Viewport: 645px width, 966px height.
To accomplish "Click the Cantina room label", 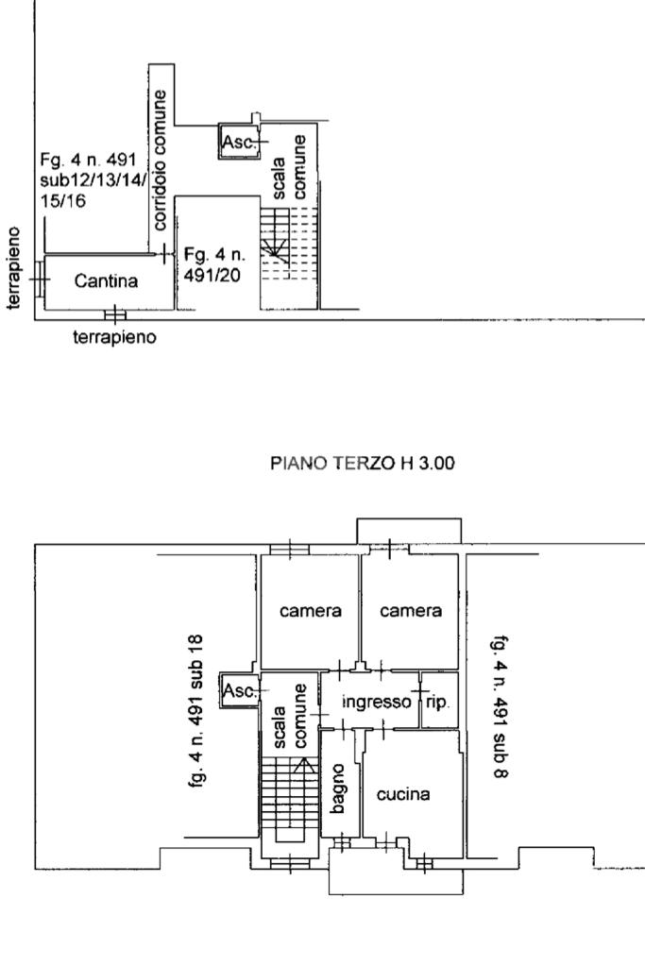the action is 106,281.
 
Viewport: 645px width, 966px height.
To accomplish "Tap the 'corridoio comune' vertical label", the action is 161,161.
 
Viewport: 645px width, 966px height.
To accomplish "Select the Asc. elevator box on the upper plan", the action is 239,142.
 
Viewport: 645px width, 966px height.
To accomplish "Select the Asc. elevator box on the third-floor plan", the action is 240,690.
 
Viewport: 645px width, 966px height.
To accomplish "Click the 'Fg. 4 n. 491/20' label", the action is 214,264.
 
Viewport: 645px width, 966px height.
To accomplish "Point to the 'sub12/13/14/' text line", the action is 93,180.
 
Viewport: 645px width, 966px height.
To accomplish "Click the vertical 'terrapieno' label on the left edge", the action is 13,267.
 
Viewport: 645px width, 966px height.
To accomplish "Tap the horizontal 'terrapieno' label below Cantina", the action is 114,338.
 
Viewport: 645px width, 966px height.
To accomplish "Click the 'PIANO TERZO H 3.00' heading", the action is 363,463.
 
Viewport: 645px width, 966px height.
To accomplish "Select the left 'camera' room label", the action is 311,611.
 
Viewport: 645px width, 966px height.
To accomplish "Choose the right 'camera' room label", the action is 411,611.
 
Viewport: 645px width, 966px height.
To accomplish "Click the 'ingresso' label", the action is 377,702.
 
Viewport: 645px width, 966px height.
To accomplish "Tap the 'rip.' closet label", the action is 438,703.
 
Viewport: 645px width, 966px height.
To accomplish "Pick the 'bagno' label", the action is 337,788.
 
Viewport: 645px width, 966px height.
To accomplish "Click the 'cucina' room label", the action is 403,795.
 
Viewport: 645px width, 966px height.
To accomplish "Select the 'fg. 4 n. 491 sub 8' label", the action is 500,706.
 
